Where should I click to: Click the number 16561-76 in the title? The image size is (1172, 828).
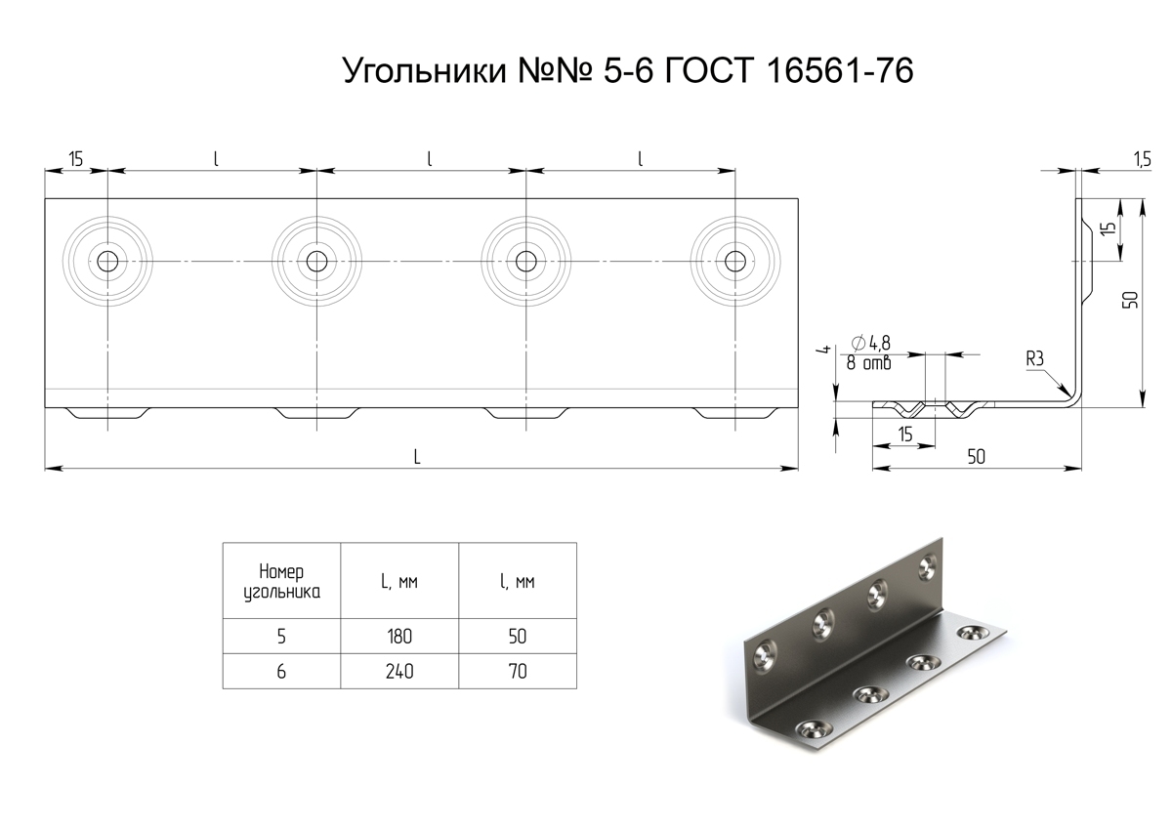click(x=839, y=70)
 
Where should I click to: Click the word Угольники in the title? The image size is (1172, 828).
click(x=424, y=71)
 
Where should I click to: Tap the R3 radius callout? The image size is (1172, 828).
click(x=1035, y=359)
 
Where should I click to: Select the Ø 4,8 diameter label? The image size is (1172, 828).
click(x=870, y=343)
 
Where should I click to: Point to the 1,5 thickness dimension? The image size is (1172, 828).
click(x=1143, y=159)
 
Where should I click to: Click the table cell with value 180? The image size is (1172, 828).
click(x=399, y=637)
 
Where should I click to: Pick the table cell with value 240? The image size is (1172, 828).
click(x=399, y=671)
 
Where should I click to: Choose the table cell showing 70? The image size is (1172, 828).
click(x=518, y=671)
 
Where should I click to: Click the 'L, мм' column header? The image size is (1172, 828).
click(x=399, y=582)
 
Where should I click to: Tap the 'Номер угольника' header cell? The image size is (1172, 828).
click(x=281, y=582)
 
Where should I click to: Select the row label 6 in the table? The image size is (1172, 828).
click(x=281, y=671)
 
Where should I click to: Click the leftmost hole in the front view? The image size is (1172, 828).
click(x=107, y=261)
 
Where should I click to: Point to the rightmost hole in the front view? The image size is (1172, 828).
click(x=735, y=261)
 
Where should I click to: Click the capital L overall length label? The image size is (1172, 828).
click(x=417, y=457)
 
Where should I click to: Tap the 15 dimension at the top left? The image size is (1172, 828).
click(x=76, y=159)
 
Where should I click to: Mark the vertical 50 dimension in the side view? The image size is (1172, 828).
click(x=1130, y=300)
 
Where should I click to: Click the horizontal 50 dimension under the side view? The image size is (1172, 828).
click(x=977, y=457)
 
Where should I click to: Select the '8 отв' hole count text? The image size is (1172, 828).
click(x=868, y=363)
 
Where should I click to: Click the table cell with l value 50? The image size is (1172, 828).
click(x=518, y=637)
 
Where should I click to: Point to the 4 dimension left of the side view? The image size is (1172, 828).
click(x=826, y=349)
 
